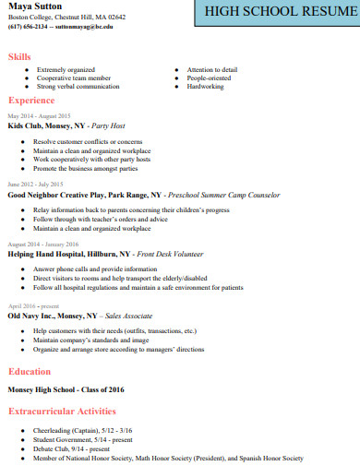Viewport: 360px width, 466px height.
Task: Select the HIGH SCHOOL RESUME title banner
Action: click(x=277, y=12)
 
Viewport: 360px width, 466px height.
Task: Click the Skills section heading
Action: click(x=19, y=57)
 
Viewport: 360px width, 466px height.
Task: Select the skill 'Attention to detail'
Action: click(x=211, y=70)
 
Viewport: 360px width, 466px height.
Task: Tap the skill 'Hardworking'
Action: click(x=205, y=88)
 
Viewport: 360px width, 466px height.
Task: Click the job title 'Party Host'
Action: click(x=108, y=125)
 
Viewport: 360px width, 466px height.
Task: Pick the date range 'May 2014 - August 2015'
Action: click(x=39, y=115)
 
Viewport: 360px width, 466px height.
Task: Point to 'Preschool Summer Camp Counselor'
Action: click(x=221, y=196)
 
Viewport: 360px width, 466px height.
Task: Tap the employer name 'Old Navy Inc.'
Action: click(x=34, y=316)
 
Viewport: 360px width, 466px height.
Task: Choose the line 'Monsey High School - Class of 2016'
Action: click(x=65, y=388)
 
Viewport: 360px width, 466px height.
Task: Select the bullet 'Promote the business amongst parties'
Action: click(x=85, y=169)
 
